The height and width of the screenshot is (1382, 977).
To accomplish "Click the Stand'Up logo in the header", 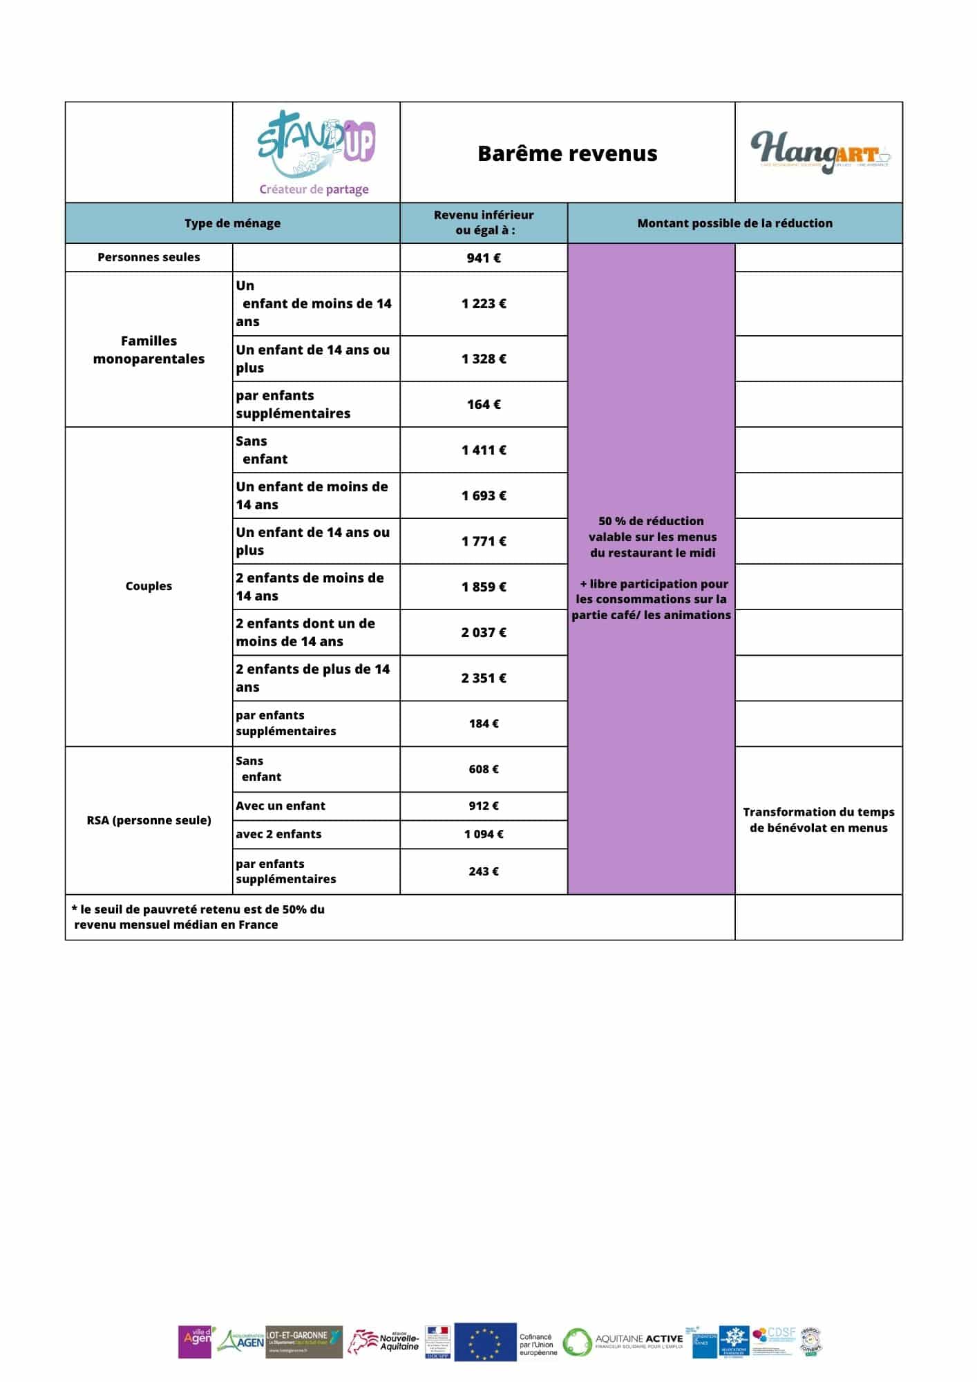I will tap(316, 153).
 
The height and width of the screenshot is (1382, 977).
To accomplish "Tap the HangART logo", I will tap(819, 153).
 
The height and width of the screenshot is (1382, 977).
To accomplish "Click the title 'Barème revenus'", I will tap(567, 153).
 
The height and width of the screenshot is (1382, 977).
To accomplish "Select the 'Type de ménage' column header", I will tap(232, 223).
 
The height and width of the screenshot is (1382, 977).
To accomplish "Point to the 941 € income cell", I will tap(484, 258).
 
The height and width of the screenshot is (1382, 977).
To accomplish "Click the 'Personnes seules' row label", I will tap(149, 257).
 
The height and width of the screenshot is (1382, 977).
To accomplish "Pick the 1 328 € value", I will tap(484, 359).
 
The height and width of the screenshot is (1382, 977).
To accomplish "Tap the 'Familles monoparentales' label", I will tap(149, 350).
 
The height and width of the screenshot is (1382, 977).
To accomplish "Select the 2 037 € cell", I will tap(484, 632).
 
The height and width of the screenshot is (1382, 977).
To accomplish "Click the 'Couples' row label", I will tap(149, 586).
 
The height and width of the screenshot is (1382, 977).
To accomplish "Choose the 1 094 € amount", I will tap(484, 834).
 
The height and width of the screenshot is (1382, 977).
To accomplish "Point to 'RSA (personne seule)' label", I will tap(149, 820).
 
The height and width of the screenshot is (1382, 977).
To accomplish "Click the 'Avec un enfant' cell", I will tap(281, 806).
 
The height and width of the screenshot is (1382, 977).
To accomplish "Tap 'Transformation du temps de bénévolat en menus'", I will tap(819, 820).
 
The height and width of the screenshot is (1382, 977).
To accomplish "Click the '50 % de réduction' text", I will tap(651, 521).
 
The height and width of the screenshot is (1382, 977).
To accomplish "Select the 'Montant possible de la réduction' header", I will tap(734, 223).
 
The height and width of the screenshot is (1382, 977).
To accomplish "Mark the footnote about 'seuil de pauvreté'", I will tap(198, 917).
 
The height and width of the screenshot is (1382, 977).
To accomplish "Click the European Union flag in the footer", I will tap(485, 1342).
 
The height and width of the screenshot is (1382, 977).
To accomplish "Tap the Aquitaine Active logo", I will tap(622, 1342).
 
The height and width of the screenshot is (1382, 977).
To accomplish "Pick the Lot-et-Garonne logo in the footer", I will tap(304, 1342).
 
